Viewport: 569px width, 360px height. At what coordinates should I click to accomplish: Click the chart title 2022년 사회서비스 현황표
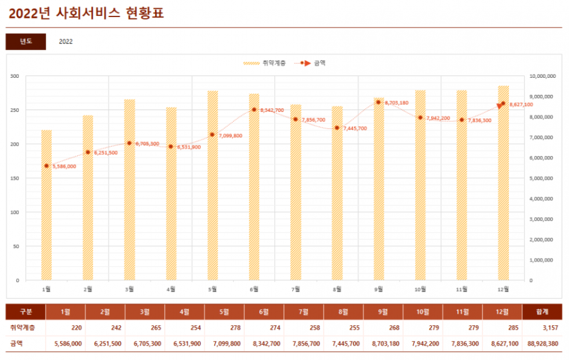click(86, 13)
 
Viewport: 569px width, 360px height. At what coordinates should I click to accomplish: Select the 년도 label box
click(26, 42)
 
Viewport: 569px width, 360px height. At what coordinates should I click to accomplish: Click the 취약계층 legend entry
click(266, 63)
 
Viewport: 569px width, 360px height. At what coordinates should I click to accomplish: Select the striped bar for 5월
click(212, 190)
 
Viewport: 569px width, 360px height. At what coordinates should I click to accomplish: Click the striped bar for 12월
click(503, 190)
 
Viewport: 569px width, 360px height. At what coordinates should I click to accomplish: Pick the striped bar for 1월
click(46, 209)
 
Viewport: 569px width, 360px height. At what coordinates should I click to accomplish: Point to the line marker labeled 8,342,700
click(254, 109)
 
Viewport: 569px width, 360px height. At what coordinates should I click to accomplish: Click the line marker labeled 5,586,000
click(46, 166)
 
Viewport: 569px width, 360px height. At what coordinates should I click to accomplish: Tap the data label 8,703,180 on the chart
click(396, 102)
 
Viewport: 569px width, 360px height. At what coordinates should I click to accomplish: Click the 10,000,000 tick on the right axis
click(542, 76)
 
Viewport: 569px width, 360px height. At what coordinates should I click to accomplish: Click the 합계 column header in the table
click(542, 312)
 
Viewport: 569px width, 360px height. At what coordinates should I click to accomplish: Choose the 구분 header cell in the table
click(26, 312)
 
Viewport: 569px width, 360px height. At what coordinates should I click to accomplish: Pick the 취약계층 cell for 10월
click(422, 328)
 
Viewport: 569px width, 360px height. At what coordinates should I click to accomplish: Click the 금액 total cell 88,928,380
click(543, 344)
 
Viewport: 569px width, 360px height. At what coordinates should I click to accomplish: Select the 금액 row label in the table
click(16, 344)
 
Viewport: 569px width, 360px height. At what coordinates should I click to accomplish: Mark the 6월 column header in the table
click(264, 312)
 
